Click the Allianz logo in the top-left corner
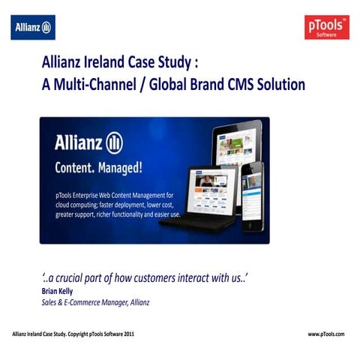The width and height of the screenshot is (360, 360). click(x=33, y=28)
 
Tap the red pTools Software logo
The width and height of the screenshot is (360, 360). click(x=327, y=28)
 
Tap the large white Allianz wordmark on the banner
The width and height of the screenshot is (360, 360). click(x=78, y=142)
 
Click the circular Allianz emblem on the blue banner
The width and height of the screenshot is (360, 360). click(x=115, y=142)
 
